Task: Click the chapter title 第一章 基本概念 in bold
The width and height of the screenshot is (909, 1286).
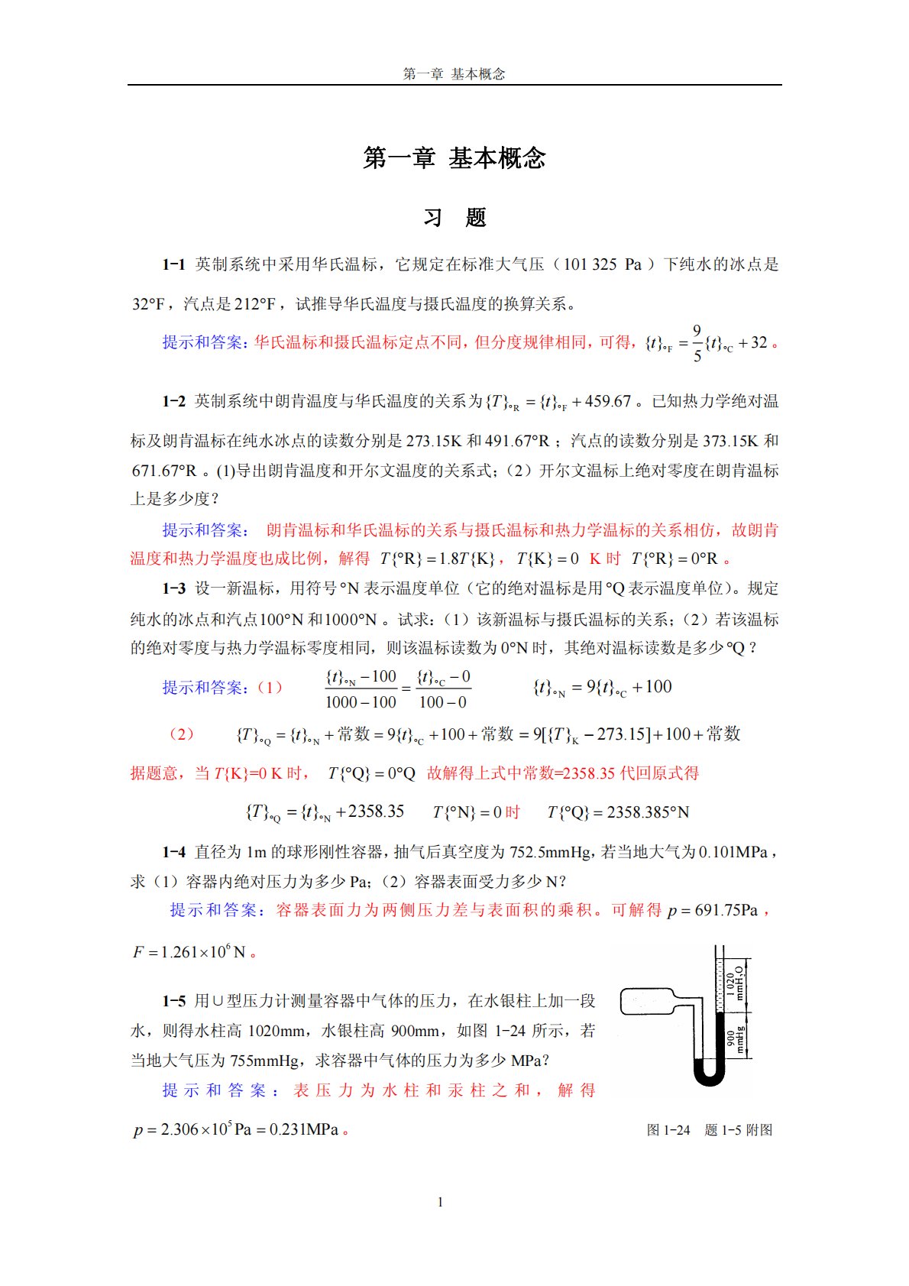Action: pos(454,158)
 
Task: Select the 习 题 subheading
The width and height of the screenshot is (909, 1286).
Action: pos(454,218)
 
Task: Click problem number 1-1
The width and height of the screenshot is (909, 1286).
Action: pos(173,264)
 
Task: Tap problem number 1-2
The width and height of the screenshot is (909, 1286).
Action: pos(173,401)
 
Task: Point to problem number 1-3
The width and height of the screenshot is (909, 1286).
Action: pos(173,588)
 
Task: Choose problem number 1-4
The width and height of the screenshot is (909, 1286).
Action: pos(173,852)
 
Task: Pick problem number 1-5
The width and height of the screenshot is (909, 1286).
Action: pos(173,1001)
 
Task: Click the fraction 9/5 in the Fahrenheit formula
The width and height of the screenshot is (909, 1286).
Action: pos(697,343)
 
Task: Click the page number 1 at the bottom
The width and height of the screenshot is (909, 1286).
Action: pos(440,1202)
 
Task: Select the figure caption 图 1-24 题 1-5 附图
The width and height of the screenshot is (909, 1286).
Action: pos(709,1130)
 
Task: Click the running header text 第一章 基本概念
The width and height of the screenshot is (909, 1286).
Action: pos(454,74)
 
